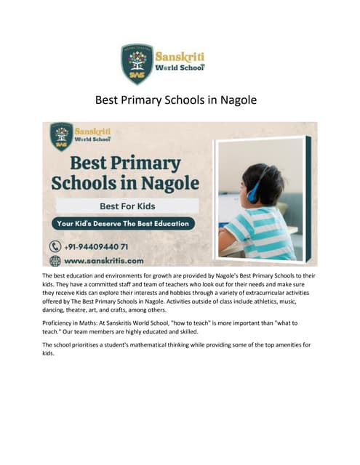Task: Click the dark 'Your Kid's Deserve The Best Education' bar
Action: [x=123, y=223]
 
